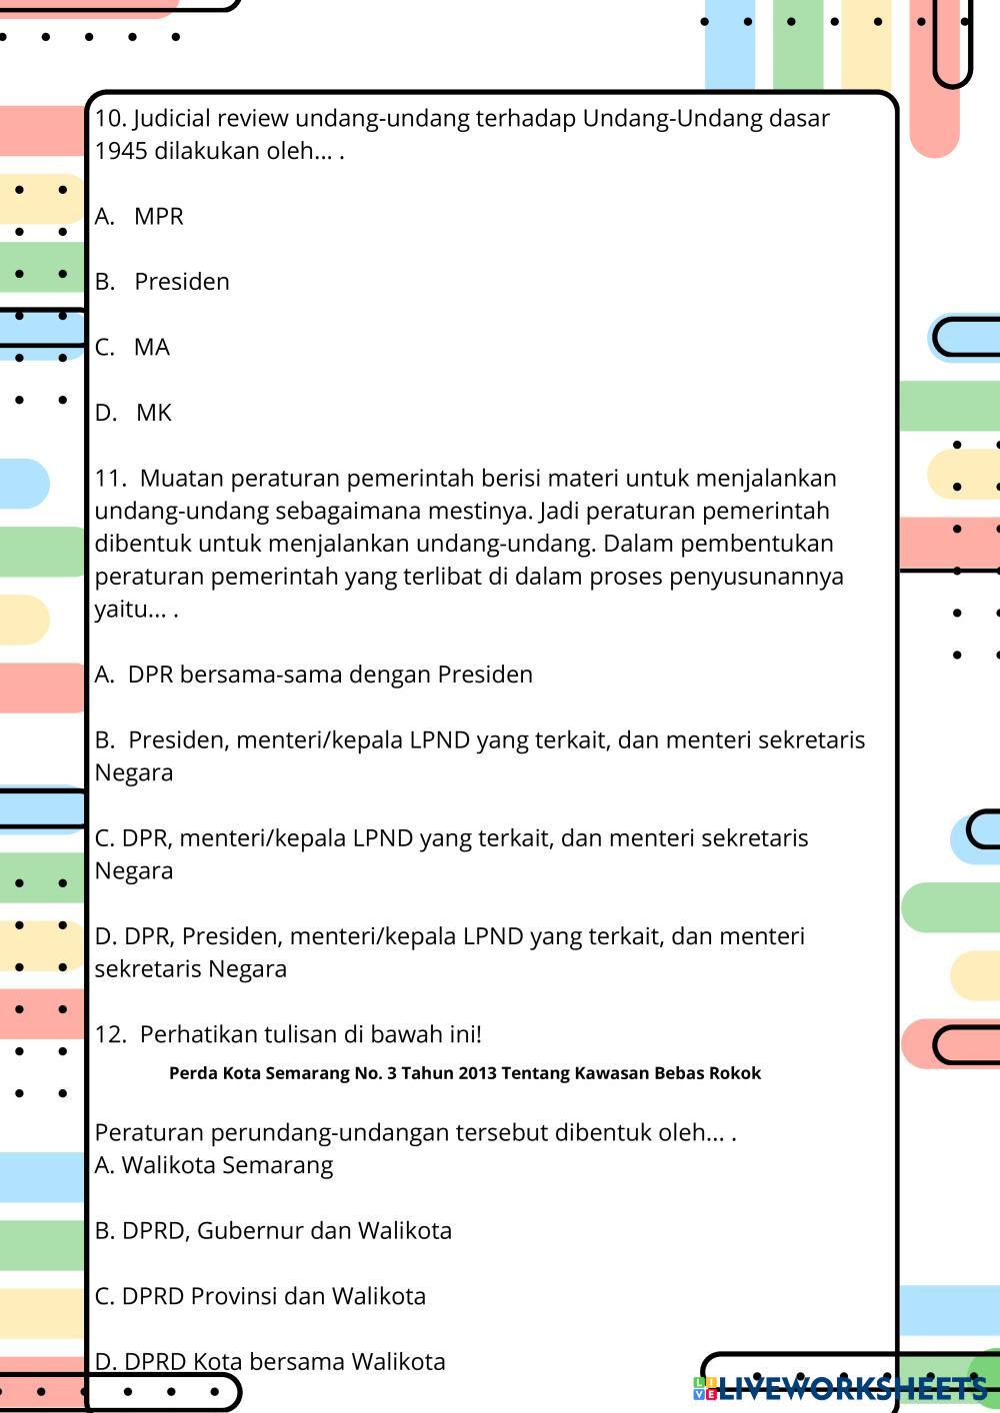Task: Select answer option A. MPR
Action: (140, 217)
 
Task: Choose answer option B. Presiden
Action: (163, 282)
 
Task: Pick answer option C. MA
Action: (133, 348)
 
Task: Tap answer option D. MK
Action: (134, 413)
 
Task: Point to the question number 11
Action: (109, 479)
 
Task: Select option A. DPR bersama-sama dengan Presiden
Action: (314, 675)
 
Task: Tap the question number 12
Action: (109, 1034)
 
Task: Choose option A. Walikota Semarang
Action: (214, 1165)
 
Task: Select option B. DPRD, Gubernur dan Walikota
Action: (273, 1231)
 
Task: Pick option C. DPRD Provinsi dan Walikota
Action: (260, 1296)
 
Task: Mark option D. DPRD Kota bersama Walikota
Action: (270, 1362)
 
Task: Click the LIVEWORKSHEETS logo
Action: (841, 1387)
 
